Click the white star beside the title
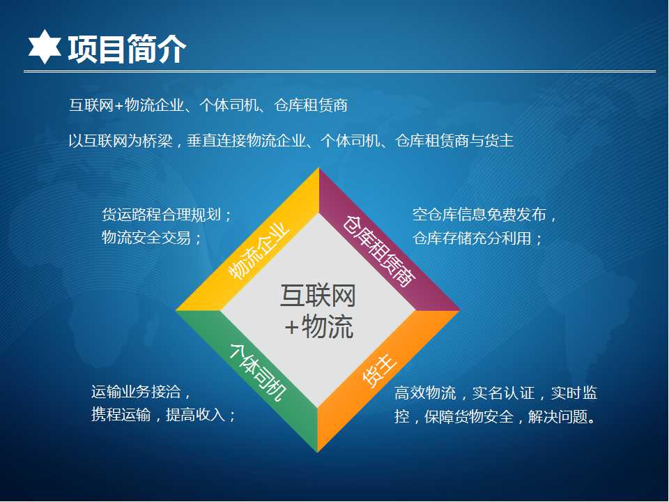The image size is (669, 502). pos(45,47)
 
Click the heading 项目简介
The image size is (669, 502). pos(127,49)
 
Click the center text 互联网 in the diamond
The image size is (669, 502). pos(318,296)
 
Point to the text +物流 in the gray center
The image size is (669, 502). pos(319,327)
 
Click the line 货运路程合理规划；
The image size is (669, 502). pos(167,214)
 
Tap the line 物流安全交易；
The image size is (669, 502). pos(151,237)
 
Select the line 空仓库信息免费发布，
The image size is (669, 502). pos(485,214)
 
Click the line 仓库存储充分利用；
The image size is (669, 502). pos(477,238)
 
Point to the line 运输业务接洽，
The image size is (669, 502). pos(141,391)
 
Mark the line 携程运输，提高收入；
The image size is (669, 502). pos(163,414)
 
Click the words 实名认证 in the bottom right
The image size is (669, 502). pos(503,393)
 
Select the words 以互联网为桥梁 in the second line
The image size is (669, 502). pos(121,140)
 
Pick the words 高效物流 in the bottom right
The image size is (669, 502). pos(425,393)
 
